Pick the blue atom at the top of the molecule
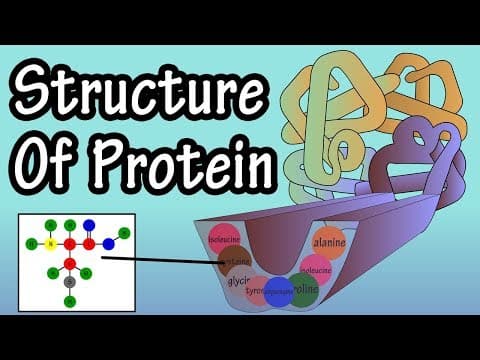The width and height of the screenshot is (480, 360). tap(88, 225)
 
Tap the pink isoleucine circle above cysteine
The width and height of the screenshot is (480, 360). tap(225, 240)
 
